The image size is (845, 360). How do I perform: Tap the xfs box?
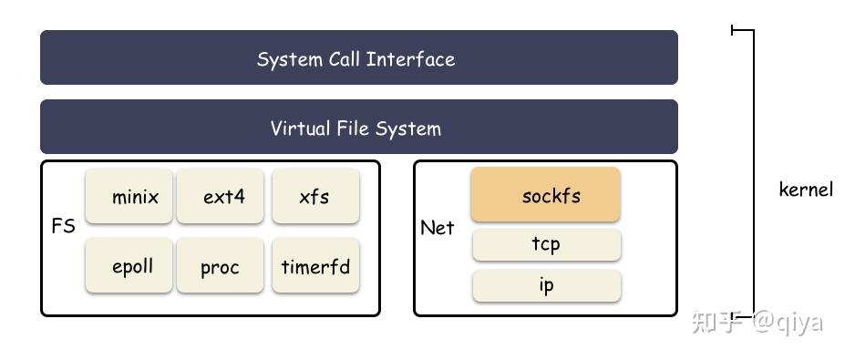[x=315, y=196]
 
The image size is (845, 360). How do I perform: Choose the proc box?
[x=221, y=266]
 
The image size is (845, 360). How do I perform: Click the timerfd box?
[x=315, y=266]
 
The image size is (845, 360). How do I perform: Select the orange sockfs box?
[x=545, y=194]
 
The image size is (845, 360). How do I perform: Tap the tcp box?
[x=545, y=244]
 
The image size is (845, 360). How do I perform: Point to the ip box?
[x=545, y=285]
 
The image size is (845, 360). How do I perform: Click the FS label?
[x=63, y=226]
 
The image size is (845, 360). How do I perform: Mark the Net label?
[x=437, y=228]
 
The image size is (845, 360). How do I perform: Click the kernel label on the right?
[x=806, y=190]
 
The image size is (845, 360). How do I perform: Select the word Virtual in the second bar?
[x=301, y=128]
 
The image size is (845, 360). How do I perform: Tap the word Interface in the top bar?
[x=410, y=59]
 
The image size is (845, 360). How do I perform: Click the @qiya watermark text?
[x=787, y=322]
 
